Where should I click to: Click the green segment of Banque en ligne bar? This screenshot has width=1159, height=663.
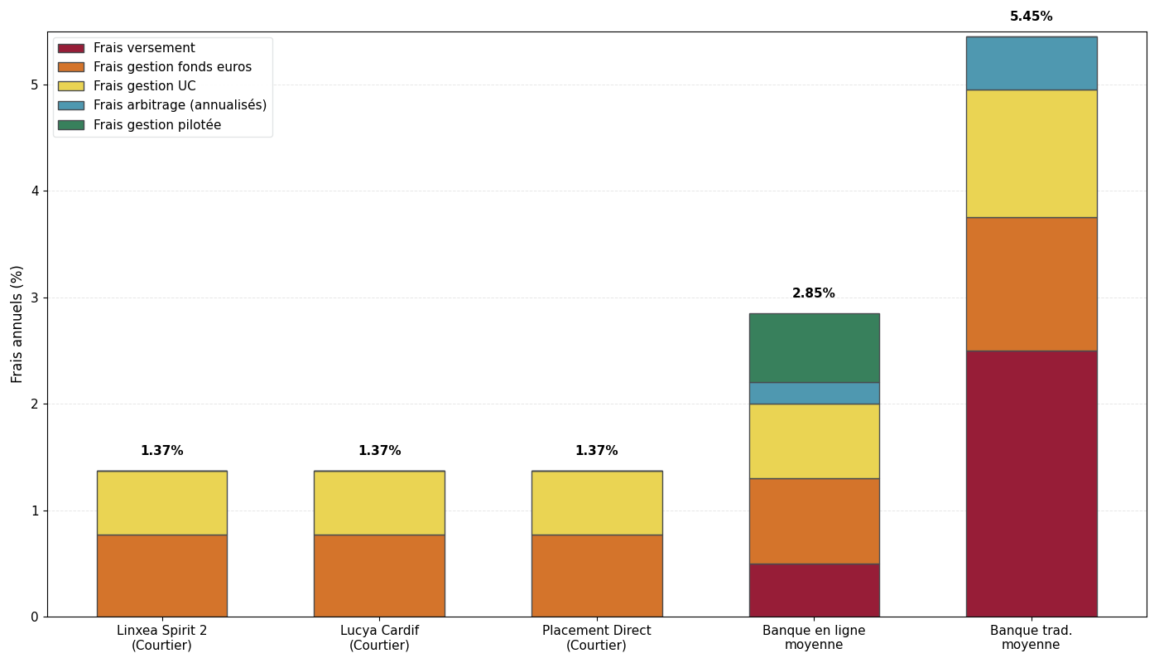coord(814,347)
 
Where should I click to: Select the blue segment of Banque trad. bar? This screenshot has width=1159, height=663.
coord(1031,63)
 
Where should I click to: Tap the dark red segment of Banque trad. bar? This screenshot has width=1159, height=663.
coord(1031,483)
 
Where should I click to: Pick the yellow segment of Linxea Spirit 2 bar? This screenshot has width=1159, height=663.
coord(161,502)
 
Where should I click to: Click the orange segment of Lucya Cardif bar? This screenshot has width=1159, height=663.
coord(379,575)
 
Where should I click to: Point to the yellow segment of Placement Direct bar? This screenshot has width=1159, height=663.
coord(596,502)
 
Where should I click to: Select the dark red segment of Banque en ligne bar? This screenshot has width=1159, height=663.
coord(814,590)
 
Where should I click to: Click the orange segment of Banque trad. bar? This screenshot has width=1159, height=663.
coord(1031,283)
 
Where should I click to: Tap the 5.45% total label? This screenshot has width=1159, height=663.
coord(1031,17)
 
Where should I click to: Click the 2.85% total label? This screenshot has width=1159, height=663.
coord(814,293)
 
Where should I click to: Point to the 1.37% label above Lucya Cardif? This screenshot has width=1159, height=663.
coord(379,451)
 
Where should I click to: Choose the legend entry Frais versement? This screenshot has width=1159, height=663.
coord(144,48)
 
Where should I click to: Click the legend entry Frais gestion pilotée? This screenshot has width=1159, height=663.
coord(156,125)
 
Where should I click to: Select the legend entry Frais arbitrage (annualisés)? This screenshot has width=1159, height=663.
coord(180,105)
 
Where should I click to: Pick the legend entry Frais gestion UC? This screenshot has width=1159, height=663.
coord(144,86)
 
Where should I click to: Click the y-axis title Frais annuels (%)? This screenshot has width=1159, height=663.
coord(17,323)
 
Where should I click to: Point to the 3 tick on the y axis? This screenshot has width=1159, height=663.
coord(35,298)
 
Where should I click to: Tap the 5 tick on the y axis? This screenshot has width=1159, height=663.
coord(35,85)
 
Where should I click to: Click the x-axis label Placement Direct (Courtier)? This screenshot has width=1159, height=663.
coord(596,637)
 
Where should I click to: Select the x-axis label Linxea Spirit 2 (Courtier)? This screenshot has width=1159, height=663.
coord(161,637)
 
